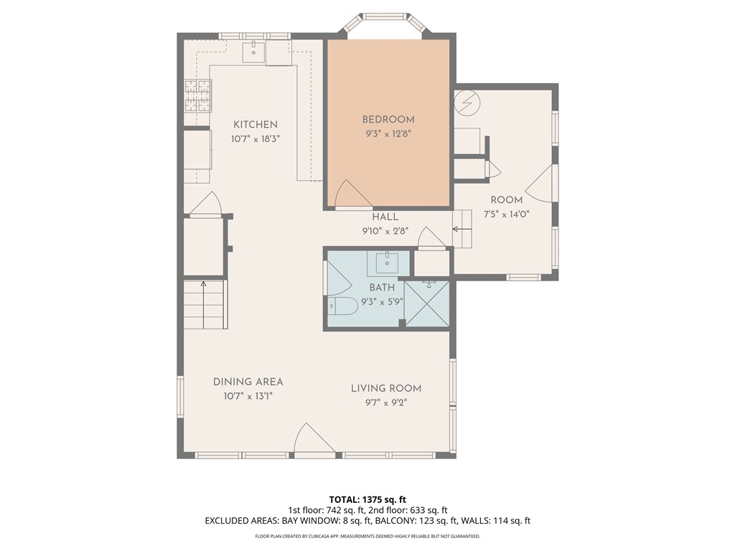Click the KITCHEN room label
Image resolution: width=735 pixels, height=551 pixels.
coord(256,125)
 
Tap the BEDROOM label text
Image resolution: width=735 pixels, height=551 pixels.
coord(388,120)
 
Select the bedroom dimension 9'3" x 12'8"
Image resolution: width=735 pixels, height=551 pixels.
coord(388,134)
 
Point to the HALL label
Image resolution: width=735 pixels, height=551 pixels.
coord(385,217)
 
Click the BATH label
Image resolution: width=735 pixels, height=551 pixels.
coord(382,287)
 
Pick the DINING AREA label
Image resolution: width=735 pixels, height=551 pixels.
coord(248,382)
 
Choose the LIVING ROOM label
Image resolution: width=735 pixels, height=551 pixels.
coord(386,388)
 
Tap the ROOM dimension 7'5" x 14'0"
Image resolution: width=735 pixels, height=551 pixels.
coord(506,215)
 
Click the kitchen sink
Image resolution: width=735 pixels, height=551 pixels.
coord(253,52)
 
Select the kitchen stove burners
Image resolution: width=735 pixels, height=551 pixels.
coord(198,96)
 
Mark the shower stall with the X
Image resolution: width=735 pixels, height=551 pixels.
coord(426,303)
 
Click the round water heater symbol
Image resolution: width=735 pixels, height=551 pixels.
coord(467,103)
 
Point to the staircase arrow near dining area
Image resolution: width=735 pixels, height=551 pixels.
coord(203,304)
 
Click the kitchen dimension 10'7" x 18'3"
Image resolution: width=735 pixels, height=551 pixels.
coord(256,139)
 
